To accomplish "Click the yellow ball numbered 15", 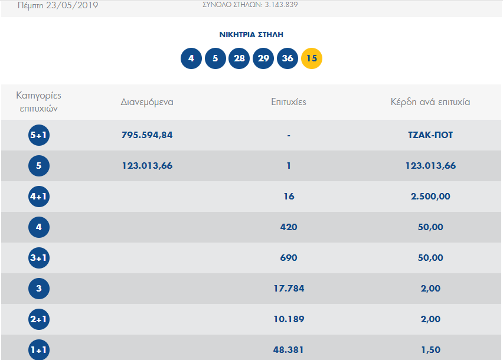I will coord(312,58).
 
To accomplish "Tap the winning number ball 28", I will coord(239,58).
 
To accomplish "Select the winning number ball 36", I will coord(288,58).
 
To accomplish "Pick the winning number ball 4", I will coord(191,58).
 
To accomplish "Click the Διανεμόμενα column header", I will coord(147,102).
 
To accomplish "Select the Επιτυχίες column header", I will coord(289,102).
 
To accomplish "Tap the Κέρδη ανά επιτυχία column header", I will coord(430,102).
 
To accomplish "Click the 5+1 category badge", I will coord(39,135).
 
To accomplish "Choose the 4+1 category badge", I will coord(39,197).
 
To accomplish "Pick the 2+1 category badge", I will coord(39,319).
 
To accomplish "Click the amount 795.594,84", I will coord(147,135).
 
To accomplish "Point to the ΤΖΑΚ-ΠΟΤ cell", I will coord(430,135).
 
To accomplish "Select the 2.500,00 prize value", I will coord(430,197).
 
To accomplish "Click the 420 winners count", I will coord(289,227).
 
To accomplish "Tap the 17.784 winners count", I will coord(289,289).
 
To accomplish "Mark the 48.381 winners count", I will coord(289,350).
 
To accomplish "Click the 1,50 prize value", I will coord(430,350).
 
